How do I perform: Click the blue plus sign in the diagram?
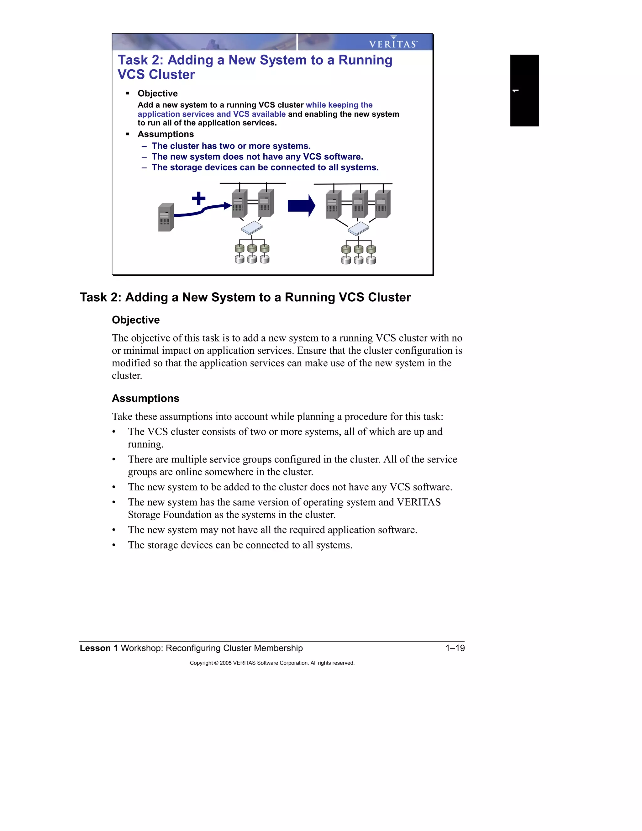198,198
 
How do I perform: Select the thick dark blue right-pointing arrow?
301,206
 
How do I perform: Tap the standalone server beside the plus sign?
166,217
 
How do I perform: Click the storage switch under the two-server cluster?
252,228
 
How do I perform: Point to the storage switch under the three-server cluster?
359,229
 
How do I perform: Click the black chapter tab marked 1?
524,91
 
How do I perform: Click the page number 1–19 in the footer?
455,648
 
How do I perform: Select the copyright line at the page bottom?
272,663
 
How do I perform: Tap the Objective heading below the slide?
136,320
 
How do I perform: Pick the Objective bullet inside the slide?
157,93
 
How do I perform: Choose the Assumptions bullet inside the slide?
166,134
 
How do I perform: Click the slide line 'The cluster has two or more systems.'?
231,146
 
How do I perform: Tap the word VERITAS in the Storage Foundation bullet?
418,502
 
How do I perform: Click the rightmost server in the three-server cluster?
383,204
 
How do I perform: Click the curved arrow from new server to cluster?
202,210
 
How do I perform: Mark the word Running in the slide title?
365,60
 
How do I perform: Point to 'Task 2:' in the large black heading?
100,297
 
